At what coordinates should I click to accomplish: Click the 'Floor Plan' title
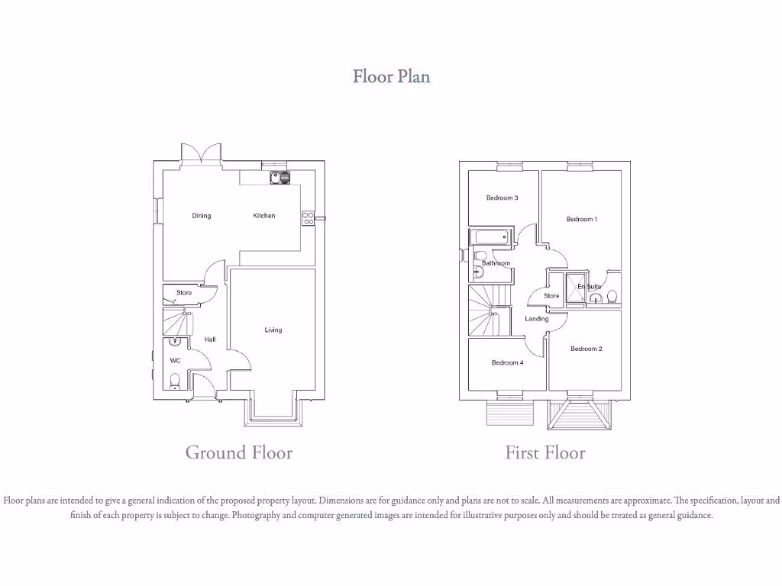click(x=391, y=76)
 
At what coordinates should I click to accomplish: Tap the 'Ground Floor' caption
click(x=238, y=452)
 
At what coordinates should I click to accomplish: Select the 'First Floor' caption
click(x=544, y=452)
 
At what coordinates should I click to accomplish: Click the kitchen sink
click(x=280, y=178)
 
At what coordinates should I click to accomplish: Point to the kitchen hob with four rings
click(x=308, y=217)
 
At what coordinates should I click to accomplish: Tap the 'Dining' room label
click(x=201, y=216)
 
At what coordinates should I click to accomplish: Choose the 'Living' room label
click(x=273, y=330)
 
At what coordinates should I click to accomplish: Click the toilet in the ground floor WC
click(x=175, y=381)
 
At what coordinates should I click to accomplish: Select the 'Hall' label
click(x=209, y=340)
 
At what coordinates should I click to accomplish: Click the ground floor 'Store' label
click(x=184, y=293)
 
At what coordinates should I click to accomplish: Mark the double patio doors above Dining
click(x=201, y=153)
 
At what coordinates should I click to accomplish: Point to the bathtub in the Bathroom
click(x=490, y=237)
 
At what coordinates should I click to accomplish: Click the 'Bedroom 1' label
click(x=581, y=220)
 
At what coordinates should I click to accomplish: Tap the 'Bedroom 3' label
click(x=502, y=198)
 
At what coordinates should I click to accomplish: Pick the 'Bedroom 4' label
click(x=507, y=363)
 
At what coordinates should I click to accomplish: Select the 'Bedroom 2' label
click(x=586, y=349)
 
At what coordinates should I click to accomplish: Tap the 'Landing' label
click(x=537, y=319)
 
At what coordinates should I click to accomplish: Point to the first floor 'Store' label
click(x=551, y=296)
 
